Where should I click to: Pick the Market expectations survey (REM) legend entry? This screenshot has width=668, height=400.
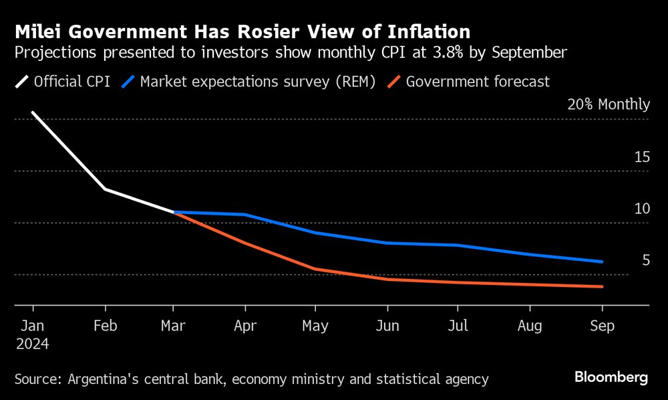point(248,82)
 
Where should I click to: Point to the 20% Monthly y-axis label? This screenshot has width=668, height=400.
point(608,104)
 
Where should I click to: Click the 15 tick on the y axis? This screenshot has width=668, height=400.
point(642,157)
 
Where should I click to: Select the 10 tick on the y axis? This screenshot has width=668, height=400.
point(642,209)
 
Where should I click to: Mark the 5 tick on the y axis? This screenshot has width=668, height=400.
point(645,260)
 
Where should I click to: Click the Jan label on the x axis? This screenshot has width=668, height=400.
point(33,326)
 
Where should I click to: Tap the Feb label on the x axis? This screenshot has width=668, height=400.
point(106,326)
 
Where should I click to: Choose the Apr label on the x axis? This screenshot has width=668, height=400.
point(246,326)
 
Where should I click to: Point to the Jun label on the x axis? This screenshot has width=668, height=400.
point(387,326)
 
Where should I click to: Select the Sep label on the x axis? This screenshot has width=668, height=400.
point(602,326)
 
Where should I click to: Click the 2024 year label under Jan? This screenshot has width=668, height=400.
point(33,344)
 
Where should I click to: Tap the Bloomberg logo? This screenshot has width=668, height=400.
point(611,378)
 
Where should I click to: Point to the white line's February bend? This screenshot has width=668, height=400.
point(105,189)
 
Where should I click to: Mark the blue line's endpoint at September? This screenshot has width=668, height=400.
point(602,262)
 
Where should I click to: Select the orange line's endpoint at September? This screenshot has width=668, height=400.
point(602,287)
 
